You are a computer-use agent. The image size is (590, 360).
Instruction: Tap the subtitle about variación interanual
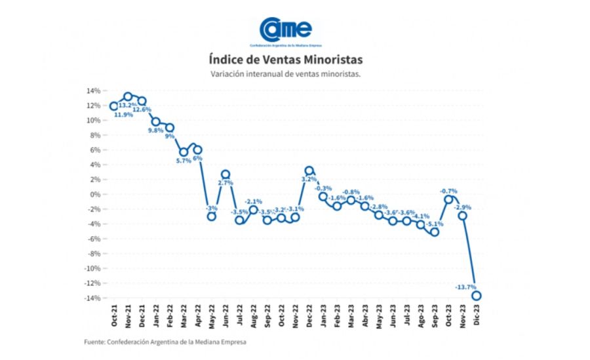point(285,75)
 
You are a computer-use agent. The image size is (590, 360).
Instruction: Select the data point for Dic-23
point(477,296)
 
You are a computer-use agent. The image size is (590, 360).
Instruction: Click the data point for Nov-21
point(128,97)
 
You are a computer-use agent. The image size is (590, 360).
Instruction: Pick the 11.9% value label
point(123,115)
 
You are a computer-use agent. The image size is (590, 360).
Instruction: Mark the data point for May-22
point(212,216)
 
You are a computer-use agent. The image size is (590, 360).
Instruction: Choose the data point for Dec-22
point(309,170)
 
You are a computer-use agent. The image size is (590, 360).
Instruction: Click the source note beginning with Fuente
point(166,342)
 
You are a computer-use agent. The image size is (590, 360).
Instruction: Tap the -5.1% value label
point(432,224)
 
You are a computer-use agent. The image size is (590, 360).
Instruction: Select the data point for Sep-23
point(434,232)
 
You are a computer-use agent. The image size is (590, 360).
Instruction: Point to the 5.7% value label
point(184,161)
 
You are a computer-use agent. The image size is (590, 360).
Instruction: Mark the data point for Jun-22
point(226,174)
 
